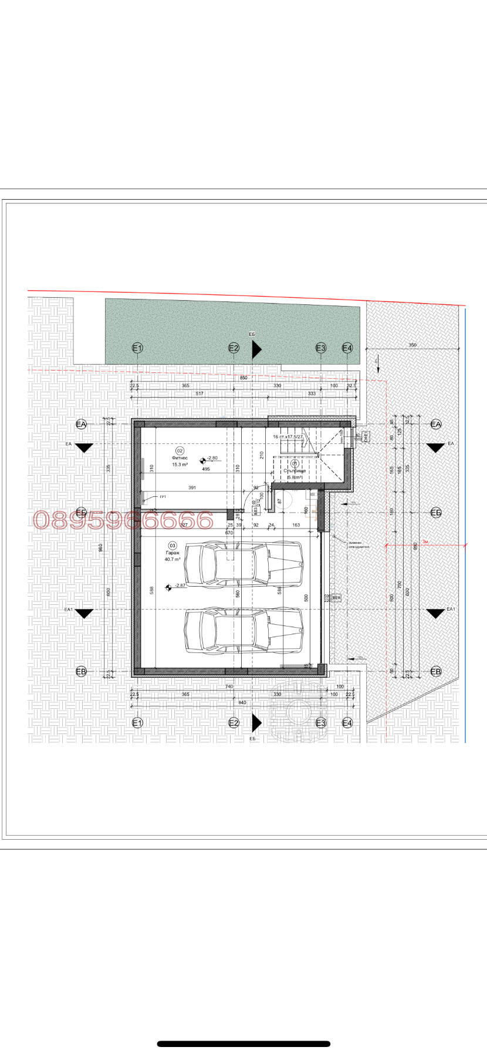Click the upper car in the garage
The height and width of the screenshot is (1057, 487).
point(243,564)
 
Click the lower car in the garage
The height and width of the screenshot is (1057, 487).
point(243,631)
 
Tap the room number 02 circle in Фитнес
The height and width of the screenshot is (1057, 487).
point(180,450)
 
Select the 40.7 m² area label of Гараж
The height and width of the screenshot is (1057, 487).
point(173,560)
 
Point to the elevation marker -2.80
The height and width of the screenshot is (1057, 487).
point(209,459)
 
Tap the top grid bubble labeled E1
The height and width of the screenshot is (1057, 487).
point(137,348)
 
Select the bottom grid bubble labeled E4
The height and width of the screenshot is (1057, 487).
point(347,723)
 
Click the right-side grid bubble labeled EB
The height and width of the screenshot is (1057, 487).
point(435,671)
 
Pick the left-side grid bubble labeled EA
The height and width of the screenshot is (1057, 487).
point(81,424)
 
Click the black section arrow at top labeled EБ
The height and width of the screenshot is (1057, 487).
point(256,350)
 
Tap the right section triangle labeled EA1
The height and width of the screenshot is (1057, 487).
point(435,614)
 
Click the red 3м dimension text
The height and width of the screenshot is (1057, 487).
point(426,541)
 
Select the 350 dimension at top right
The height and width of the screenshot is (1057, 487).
point(412,345)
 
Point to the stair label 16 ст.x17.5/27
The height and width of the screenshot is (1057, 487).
point(288,437)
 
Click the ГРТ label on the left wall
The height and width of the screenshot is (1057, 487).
point(163,497)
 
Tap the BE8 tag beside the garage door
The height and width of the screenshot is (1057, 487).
point(336,597)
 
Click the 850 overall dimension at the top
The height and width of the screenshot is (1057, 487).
point(243,378)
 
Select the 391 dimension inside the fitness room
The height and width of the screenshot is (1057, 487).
point(192,487)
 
